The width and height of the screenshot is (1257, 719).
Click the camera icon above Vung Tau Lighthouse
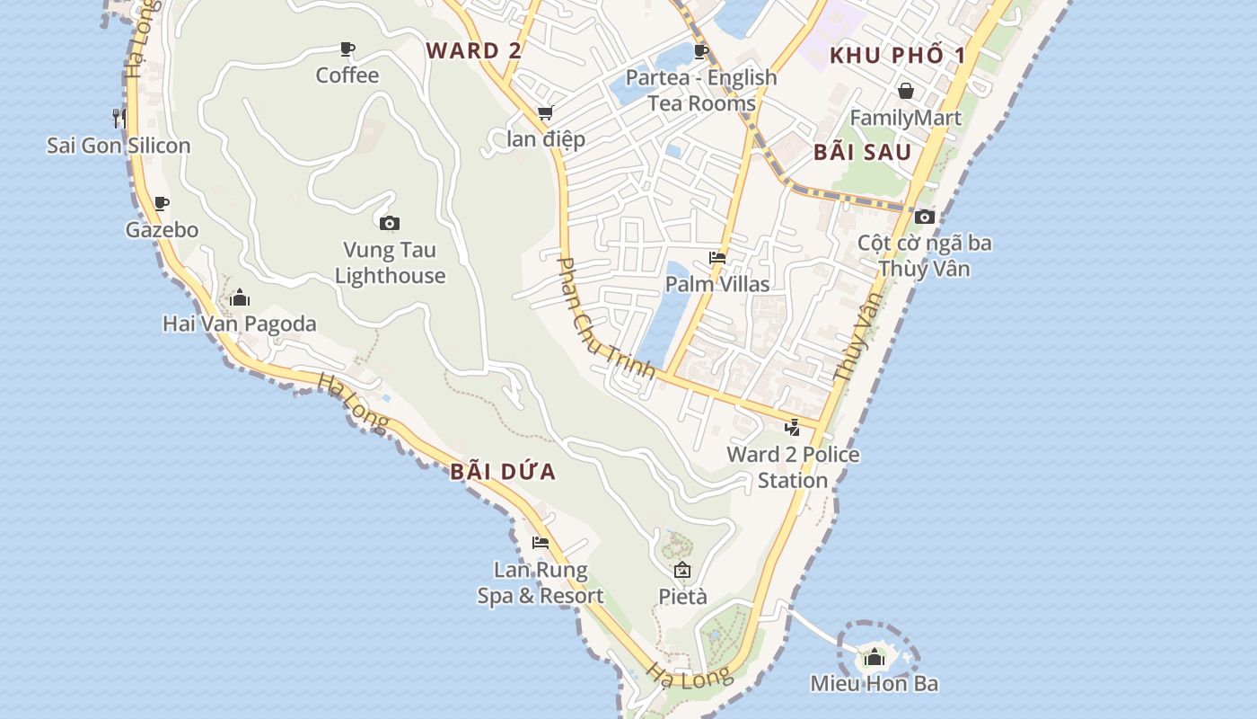390,223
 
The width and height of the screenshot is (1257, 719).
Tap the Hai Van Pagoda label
240,324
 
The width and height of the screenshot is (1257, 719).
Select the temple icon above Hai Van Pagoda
240,297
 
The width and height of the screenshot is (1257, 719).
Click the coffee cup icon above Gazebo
162,204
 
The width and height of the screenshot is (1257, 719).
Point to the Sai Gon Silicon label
119,146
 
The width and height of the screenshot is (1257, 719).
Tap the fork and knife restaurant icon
119,117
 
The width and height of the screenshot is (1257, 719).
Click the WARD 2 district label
473,50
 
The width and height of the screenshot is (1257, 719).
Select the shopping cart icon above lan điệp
545,113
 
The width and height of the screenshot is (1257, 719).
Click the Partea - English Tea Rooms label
701,90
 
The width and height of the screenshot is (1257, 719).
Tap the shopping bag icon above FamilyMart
906,91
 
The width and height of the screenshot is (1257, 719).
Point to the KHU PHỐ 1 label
897,56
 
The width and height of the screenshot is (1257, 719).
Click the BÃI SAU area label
862,152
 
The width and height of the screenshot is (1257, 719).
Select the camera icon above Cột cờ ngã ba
925,217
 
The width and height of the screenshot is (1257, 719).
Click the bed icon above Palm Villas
717,258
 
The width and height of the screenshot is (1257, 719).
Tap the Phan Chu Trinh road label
606,318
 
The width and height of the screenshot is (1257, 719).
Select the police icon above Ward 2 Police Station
792,428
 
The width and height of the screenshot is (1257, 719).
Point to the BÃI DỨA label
503,472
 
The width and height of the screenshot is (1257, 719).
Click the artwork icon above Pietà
682,570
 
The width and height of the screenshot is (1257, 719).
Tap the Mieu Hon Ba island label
874,683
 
